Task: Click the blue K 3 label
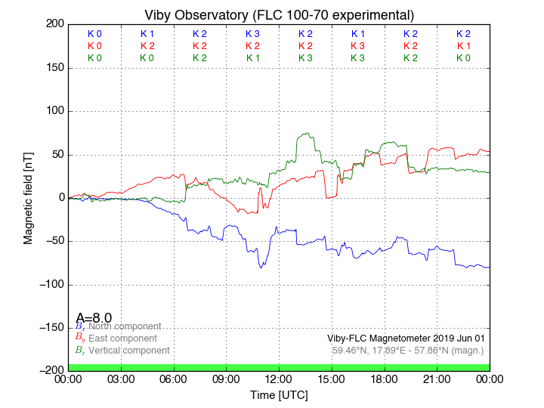click(x=252, y=34)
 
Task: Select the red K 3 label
click(x=358, y=46)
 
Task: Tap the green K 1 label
click(x=252, y=58)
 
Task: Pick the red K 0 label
click(x=94, y=46)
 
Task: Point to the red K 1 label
click(x=463, y=46)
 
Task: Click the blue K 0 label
click(x=94, y=34)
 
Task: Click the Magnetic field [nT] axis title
click(x=28, y=197)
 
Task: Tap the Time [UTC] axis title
click(x=279, y=394)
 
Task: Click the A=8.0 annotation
click(x=94, y=318)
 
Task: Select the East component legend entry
click(x=123, y=338)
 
